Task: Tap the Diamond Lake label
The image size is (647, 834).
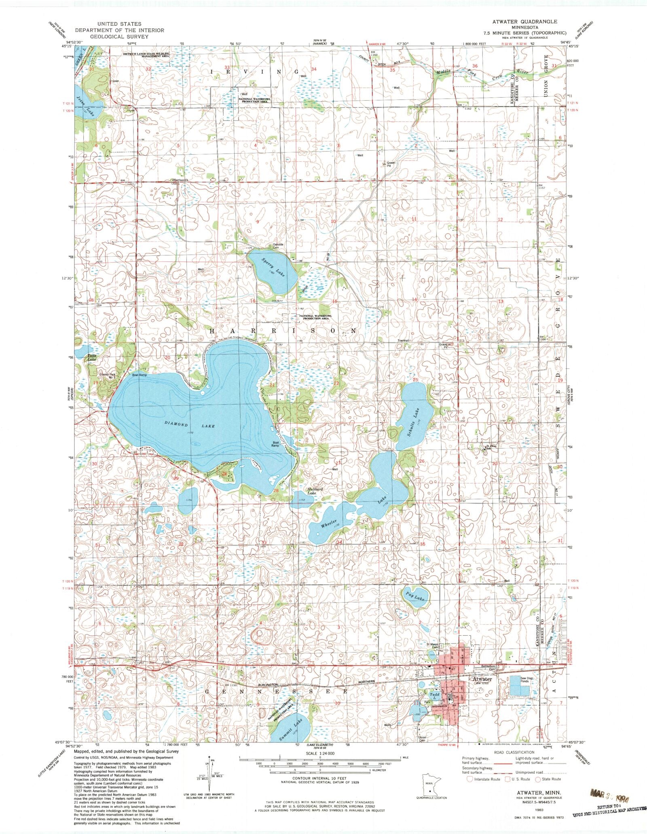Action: click(x=190, y=426)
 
